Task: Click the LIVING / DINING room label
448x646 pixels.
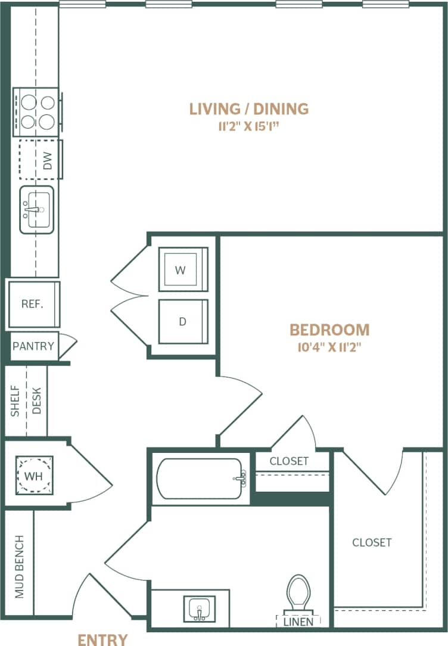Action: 249,109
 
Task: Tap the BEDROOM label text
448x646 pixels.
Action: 329,330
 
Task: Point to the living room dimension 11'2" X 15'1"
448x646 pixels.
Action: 249,126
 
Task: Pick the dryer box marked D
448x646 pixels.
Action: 182,321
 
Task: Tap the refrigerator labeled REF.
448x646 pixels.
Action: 33,304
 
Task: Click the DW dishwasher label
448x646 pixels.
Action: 48,159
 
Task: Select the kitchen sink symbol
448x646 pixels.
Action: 37,210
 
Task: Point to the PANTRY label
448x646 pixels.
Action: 33,346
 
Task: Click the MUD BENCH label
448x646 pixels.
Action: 19,567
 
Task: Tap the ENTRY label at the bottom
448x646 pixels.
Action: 103,639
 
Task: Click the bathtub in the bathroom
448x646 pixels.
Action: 200,478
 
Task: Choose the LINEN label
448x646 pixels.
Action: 298,622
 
